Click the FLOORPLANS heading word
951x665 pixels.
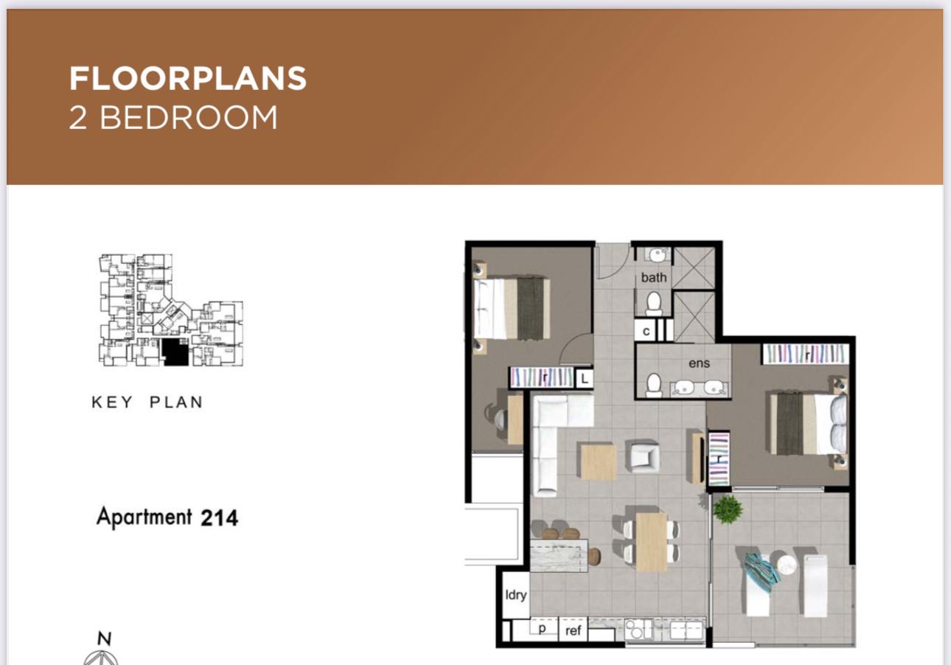click(187, 79)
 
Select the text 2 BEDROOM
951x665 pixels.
click(173, 118)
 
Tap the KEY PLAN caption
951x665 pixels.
click(147, 403)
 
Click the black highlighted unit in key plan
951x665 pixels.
click(175, 352)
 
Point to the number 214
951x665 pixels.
click(219, 518)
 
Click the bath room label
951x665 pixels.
click(653, 277)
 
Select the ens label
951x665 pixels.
click(698, 363)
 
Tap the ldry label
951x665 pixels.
click(515, 595)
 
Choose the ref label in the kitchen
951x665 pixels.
click(574, 631)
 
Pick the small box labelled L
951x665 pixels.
click(584, 379)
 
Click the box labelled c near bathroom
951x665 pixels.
click(646, 331)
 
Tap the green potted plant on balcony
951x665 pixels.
click(728, 509)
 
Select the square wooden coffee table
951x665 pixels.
click(597, 461)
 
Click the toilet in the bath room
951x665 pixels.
click(653, 303)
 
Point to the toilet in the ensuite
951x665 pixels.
click(653, 385)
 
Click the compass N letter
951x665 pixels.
click(105, 638)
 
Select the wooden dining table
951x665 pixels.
click(651, 542)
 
